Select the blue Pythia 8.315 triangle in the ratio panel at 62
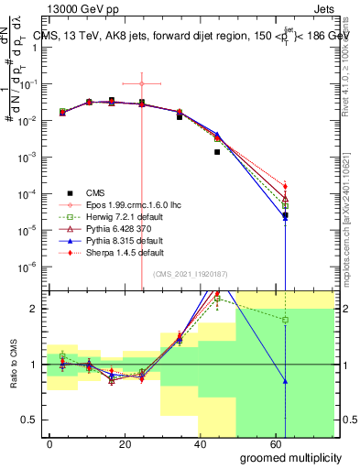click(x=286, y=380)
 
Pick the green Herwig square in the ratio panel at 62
click(x=286, y=320)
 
